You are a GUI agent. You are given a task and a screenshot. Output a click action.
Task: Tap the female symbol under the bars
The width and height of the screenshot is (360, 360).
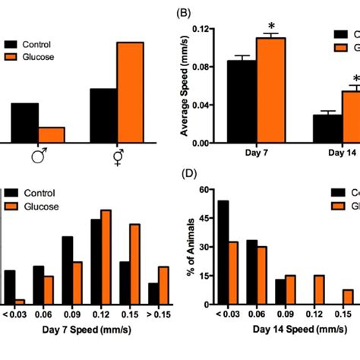coord(117,158)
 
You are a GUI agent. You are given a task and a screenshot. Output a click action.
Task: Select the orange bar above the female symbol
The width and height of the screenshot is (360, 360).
coord(130,92)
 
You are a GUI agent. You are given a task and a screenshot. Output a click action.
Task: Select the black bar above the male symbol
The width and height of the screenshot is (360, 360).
coord(24,122)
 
